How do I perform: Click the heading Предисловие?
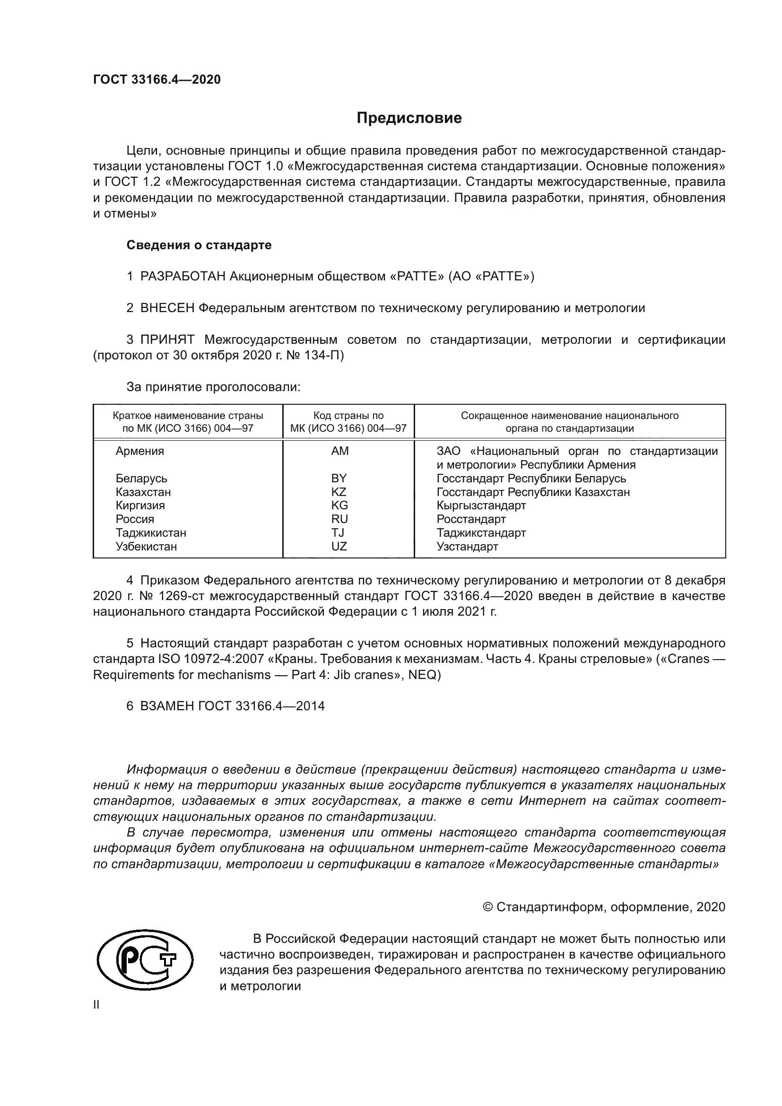(x=409, y=118)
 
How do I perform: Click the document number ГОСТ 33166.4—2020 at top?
(x=157, y=79)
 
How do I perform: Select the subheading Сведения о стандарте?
(x=199, y=245)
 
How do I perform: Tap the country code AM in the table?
(x=339, y=451)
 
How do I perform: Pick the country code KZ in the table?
(x=339, y=492)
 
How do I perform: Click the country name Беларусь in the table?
(x=141, y=479)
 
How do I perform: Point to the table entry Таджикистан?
(x=151, y=533)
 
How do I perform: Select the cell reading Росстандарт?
(x=471, y=519)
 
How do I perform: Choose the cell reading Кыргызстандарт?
(x=481, y=505)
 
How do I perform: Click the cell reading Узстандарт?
(x=467, y=546)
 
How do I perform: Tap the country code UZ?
(x=339, y=546)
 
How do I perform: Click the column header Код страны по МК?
(x=348, y=422)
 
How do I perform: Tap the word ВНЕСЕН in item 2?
(x=167, y=308)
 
